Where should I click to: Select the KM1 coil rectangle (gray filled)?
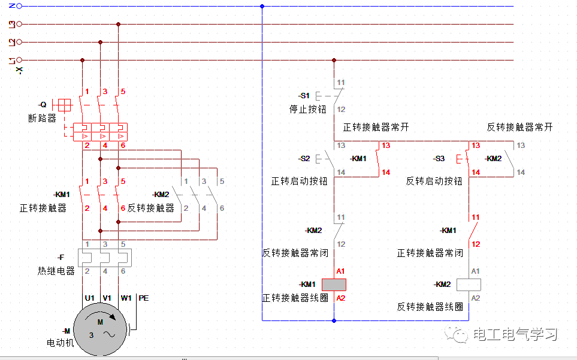tap(334, 285)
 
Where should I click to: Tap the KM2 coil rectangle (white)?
tap(469, 285)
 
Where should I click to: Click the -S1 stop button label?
tap(304, 96)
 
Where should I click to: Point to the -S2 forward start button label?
tap(304, 159)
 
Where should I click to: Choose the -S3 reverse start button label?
tap(439, 159)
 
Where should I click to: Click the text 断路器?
tap(42, 118)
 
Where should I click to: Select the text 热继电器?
tap(56, 271)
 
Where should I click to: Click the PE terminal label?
tap(144, 298)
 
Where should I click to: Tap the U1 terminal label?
tap(89, 298)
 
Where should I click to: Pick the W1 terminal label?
tap(126, 298)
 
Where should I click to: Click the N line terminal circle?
tap(19, 6)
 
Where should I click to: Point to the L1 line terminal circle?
tap(19, 60)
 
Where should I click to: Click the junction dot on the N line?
tap(262, 6)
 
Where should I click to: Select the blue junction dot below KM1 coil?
tap(334, 320)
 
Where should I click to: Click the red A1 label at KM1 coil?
tap(340, 271)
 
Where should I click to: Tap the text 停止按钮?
tap(307, 110)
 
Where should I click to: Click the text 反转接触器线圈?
tap(430, 306)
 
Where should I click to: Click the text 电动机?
tap(61, 343)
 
